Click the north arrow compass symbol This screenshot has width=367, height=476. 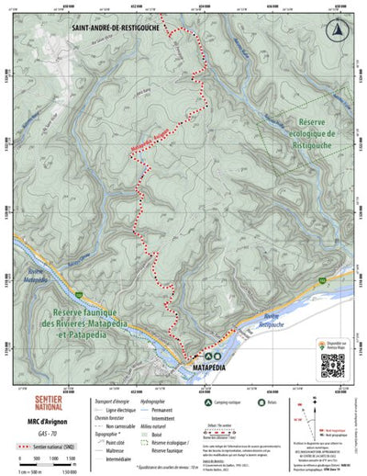click(342, 29)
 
